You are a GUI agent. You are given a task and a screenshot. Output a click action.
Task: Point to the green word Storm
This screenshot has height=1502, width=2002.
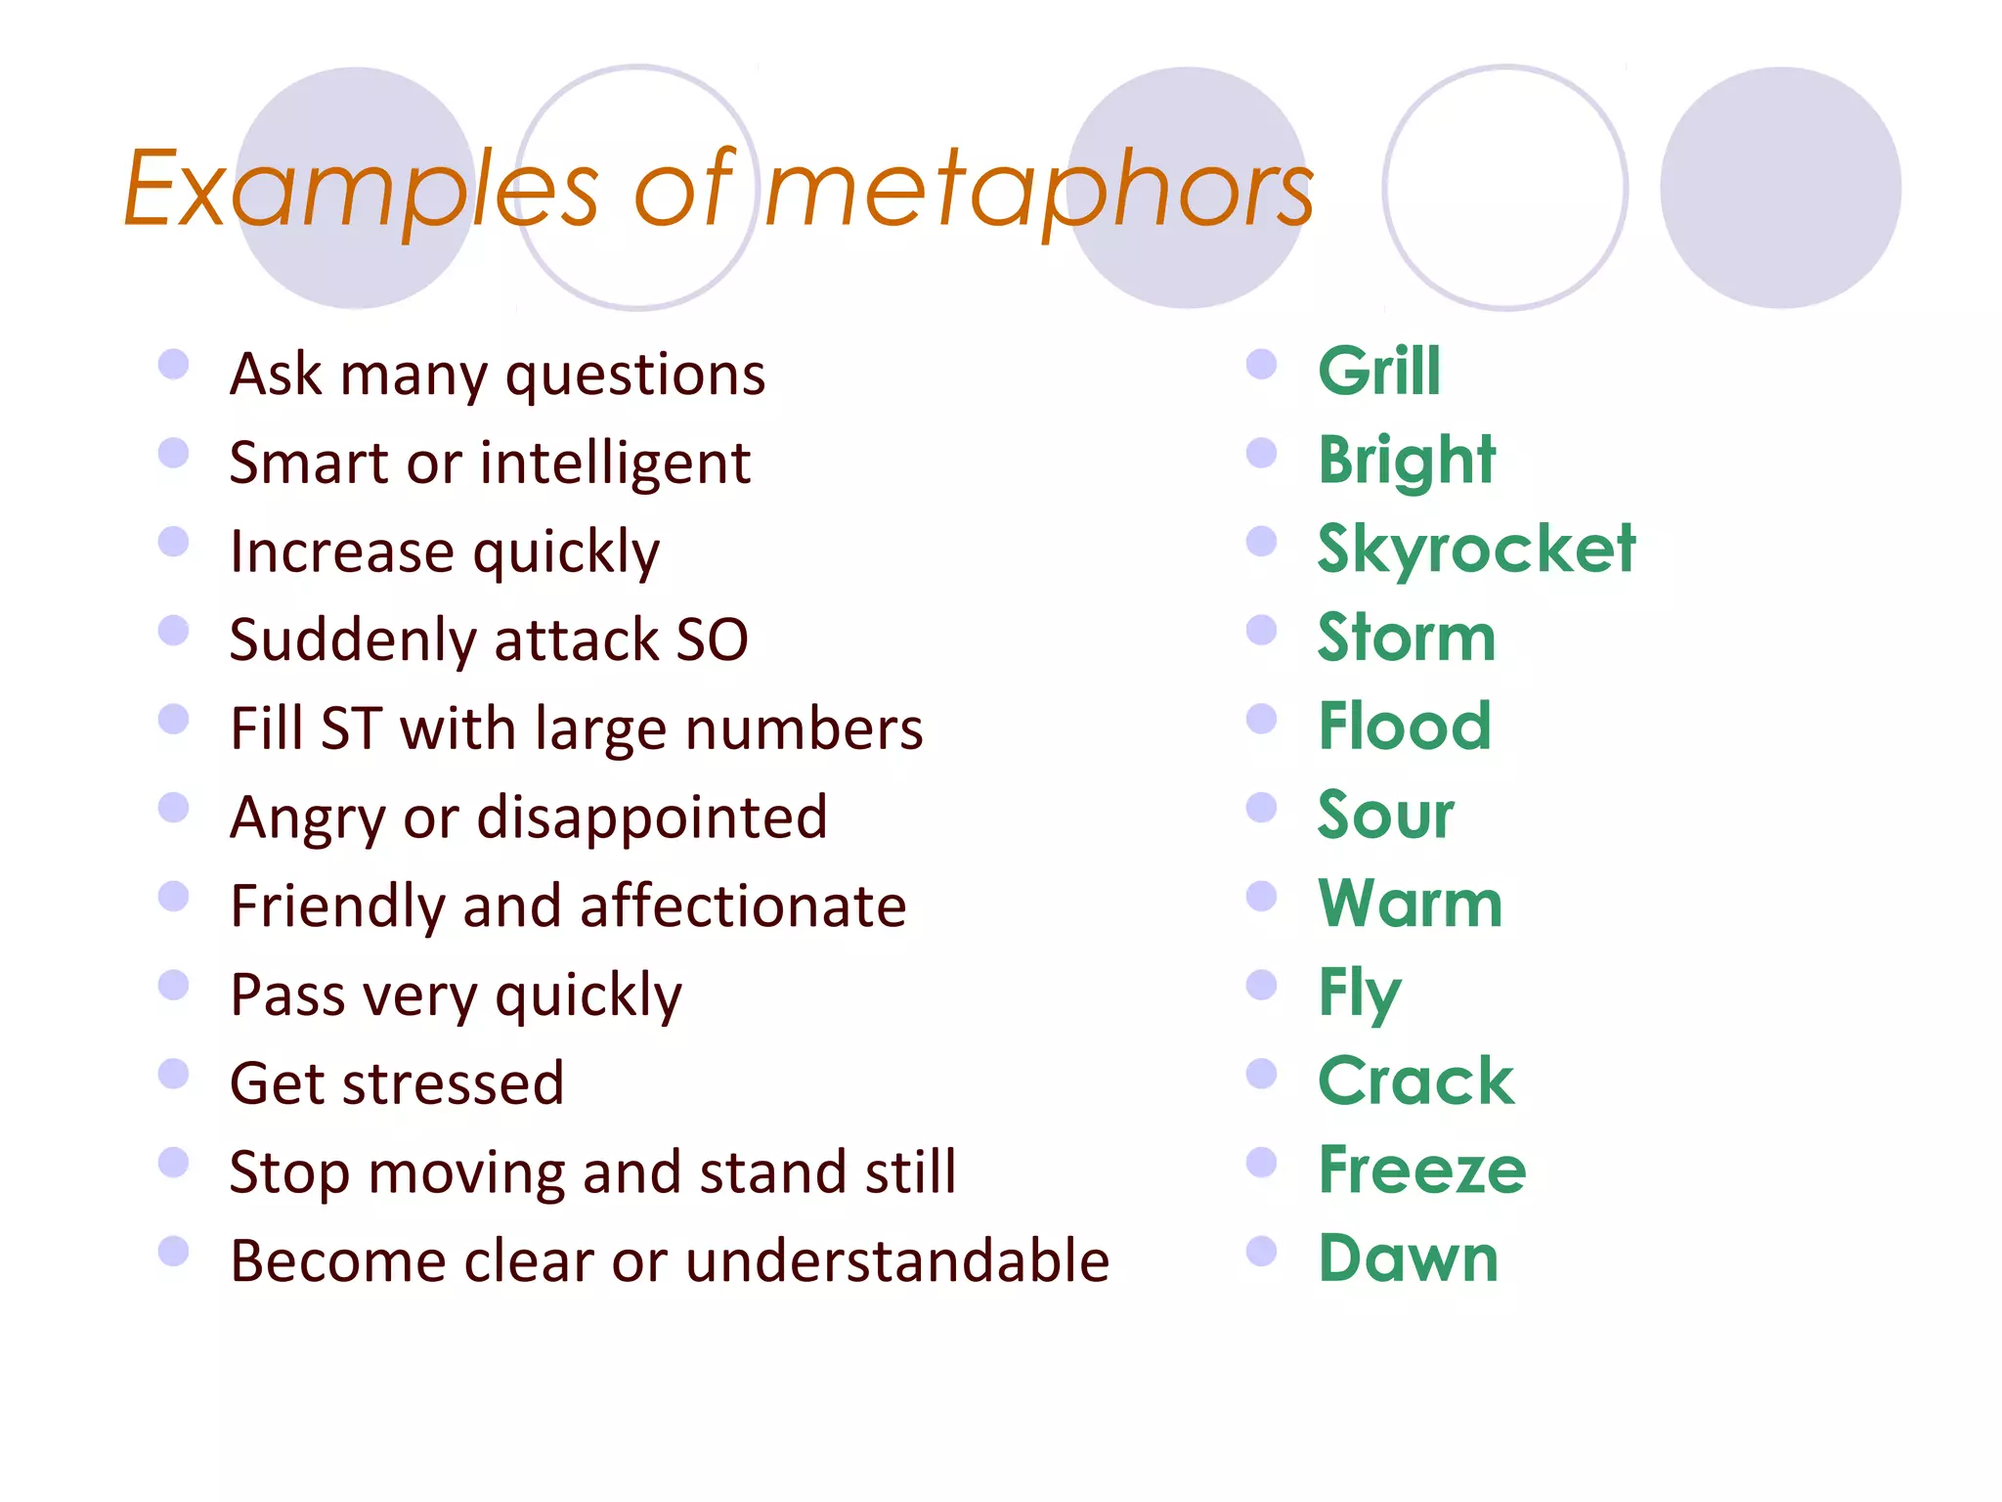1407,638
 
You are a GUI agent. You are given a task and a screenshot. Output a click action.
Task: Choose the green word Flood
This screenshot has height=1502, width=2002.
1405,727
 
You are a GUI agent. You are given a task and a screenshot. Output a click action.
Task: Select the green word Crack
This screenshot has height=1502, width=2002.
1416,1082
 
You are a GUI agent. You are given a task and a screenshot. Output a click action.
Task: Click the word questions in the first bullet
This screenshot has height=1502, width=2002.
635,375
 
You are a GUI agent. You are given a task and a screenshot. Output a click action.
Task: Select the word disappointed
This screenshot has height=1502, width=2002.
652,817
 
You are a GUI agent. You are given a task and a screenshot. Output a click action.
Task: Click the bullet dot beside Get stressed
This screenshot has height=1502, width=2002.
174,1074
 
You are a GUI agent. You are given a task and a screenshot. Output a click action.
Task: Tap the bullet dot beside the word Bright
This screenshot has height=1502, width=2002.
1262,453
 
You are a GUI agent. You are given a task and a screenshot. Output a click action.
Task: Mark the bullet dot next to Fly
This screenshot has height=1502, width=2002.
1262,985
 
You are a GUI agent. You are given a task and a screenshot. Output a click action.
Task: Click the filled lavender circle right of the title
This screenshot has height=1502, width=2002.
1780,188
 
